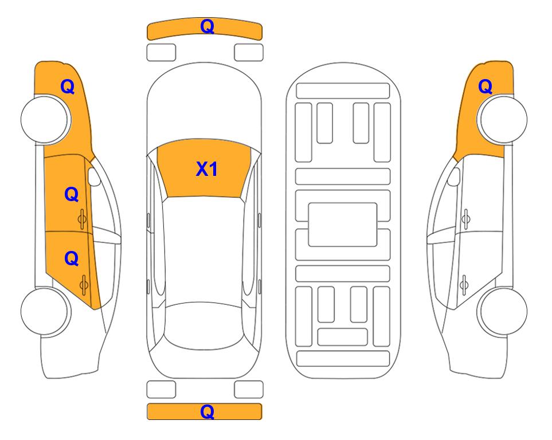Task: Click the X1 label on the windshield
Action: pyautogui.click(x=207, y=169)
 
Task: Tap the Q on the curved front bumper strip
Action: pyautogui.click(x=208, y=26)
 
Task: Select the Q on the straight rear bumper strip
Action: pyautogui.click(x=208, y=411)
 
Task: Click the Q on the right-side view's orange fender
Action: pyautogui.click(x=485, y=87)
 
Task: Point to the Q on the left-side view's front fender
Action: pyautogui.click(x=68, y=87)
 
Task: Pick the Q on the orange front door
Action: pyautogui.click(x=72, y=194)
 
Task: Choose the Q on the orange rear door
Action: pyautogui.click(x=72, y=259)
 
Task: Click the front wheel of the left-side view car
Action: pyautogui.click(x=45, y=119)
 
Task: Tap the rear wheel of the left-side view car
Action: pyautogui.click(x=45, y=312)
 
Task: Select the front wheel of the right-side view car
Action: pyautogui.click(x=502, y=119)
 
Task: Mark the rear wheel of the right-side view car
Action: pyautogui.click(x=502, y=312)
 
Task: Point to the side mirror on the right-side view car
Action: pyautogui.click(x=453, y=176)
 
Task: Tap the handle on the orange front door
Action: pyautogui.click(x=83, y=219)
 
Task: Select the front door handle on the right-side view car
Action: pyautogui.click(x=465, y=219)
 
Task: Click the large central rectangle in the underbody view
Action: pyautogui.click(x=343, y=225)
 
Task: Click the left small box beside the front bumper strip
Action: pyautogui.click(x=161, y=53)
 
